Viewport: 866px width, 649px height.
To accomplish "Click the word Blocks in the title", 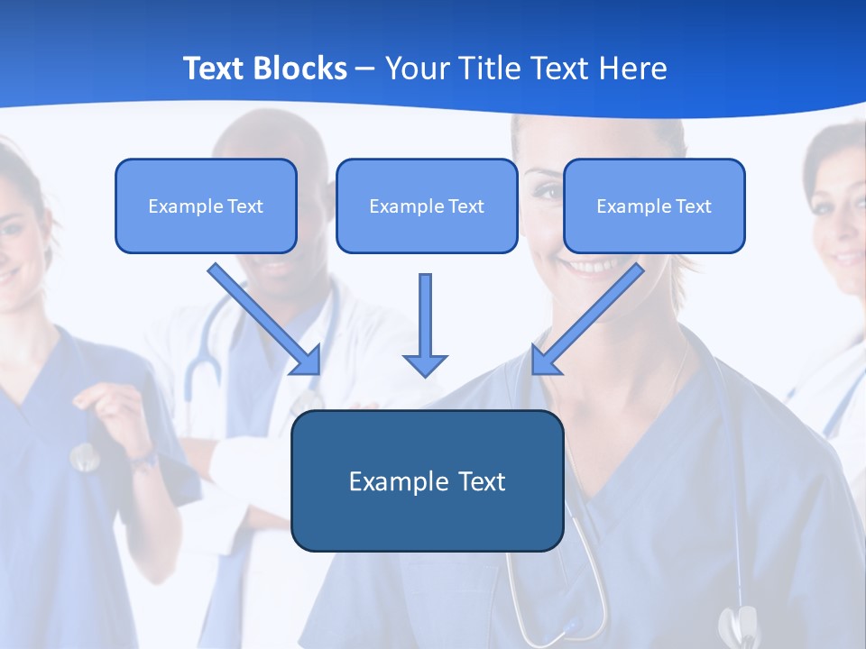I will click(x=301, y=69).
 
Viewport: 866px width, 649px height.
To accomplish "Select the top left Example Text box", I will click(x=206, y=206).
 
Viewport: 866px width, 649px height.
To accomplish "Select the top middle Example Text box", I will click(x=427, y=206).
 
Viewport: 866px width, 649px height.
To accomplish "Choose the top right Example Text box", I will click(x=654, y=206).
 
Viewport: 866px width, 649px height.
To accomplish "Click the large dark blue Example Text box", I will click(x=427, y=480).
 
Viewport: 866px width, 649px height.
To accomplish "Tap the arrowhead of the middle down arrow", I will click(x=425, y=364).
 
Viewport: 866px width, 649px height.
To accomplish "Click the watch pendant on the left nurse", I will click(x=84, y=458).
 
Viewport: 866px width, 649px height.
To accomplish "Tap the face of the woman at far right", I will click(x=839, y=216).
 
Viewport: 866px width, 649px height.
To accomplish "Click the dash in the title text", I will click(x=365, y=69).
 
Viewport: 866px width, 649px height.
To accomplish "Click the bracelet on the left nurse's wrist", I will click(x=144, y=461).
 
